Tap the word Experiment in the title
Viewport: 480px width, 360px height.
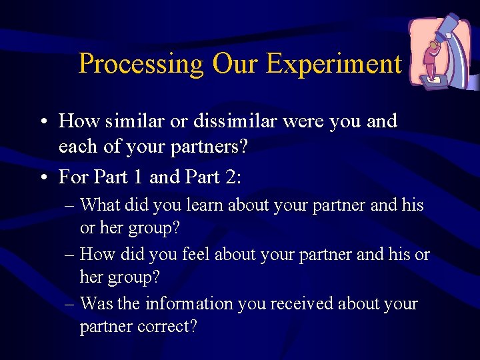[333, 64]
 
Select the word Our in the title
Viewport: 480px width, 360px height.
[235, 64]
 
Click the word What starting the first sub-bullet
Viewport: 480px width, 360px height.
[100, 205]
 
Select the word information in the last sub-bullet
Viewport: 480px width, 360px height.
[186, 304]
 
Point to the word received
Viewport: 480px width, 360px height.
[299, 304]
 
